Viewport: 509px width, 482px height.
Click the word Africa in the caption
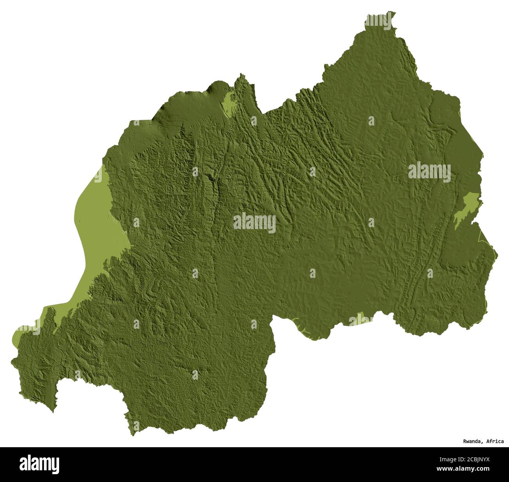495,441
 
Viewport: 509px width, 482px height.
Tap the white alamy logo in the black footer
40,464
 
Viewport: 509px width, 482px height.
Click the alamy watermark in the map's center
254,223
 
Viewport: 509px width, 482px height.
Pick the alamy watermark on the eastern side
430,172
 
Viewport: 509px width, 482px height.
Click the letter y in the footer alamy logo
56,465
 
